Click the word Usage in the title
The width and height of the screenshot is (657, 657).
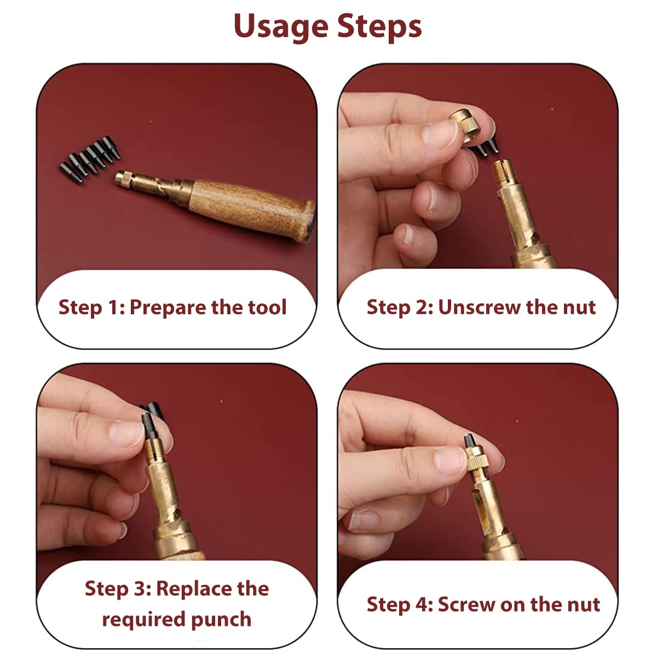coord(281,27)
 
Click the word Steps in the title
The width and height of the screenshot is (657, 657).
coord(379,27)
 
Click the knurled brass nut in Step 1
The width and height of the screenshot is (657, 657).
coord(124,179)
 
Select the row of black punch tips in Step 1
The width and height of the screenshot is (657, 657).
coord(90,159)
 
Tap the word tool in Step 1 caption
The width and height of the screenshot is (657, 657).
coord(267,307)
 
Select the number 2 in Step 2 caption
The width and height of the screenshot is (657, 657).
coord(421,307)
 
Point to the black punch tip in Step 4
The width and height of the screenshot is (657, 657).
coord(470,442)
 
